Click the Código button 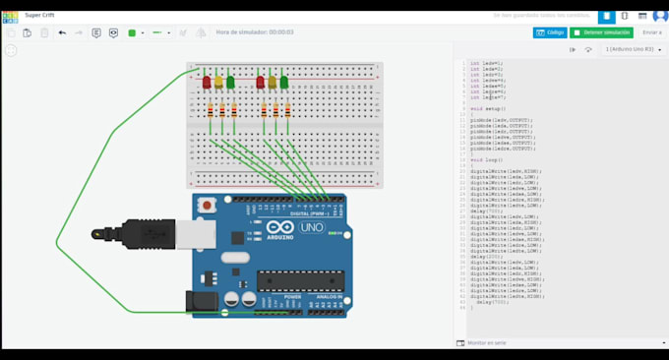(x=549, y=32)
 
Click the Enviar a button (x=651, y=32)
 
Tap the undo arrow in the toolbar (x=62, y=32)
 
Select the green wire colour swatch (x=132, y=32)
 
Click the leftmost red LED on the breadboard (x=207, y=83)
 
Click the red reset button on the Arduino (x=208, y=205)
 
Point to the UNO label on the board (x=311, y=227)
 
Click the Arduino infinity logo (x=278, y=228)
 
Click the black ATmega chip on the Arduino (x=300, y=280)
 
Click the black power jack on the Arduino (x=203, y=301)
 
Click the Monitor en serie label (x=488, y=343)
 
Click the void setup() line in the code (x=489, y=109)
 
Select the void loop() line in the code (x=487, y=159)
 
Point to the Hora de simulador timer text (x=255, y=32)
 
